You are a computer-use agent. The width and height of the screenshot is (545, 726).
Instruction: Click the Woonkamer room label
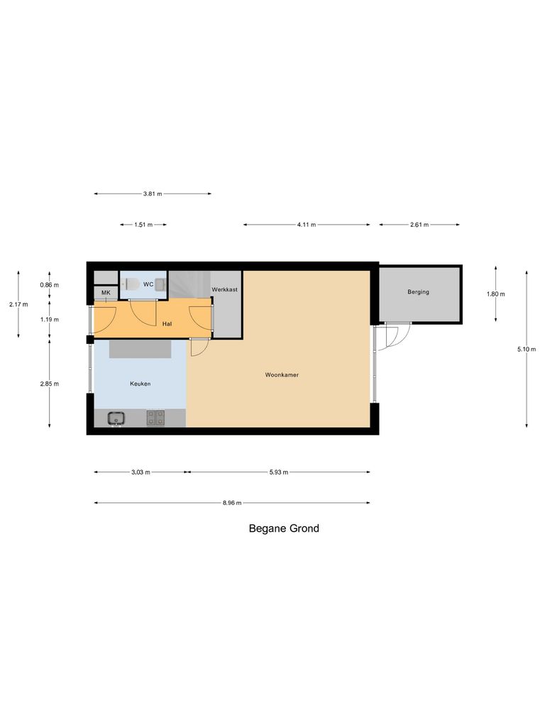pos(282,375)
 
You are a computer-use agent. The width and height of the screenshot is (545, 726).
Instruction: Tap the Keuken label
pos(140,384)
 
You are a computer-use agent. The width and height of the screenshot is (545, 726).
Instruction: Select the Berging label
pos(418,292)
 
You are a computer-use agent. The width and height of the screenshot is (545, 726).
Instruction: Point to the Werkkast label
pos(224,290)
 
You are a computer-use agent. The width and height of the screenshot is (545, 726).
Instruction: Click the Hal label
pos(167,323)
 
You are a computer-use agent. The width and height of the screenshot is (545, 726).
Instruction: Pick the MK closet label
pos(106,293)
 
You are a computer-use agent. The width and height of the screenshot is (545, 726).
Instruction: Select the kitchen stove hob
pos(155,418)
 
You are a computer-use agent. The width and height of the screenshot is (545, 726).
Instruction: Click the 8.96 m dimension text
pos(232,503)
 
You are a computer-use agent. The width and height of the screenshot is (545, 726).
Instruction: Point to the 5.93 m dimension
pos(278,472)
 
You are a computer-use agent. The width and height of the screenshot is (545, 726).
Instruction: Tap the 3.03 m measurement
pos(141,472)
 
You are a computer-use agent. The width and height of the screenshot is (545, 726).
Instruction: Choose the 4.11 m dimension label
pos(307,225)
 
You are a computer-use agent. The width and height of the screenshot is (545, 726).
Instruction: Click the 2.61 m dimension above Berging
pos(419,225)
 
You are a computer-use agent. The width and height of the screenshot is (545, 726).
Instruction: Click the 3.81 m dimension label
pos(153,194)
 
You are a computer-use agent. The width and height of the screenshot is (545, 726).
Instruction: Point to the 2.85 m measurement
pos(49,384)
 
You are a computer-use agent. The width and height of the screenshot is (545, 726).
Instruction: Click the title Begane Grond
pos(283,528)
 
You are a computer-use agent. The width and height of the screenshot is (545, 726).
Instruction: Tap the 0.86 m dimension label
pos(49,285)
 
